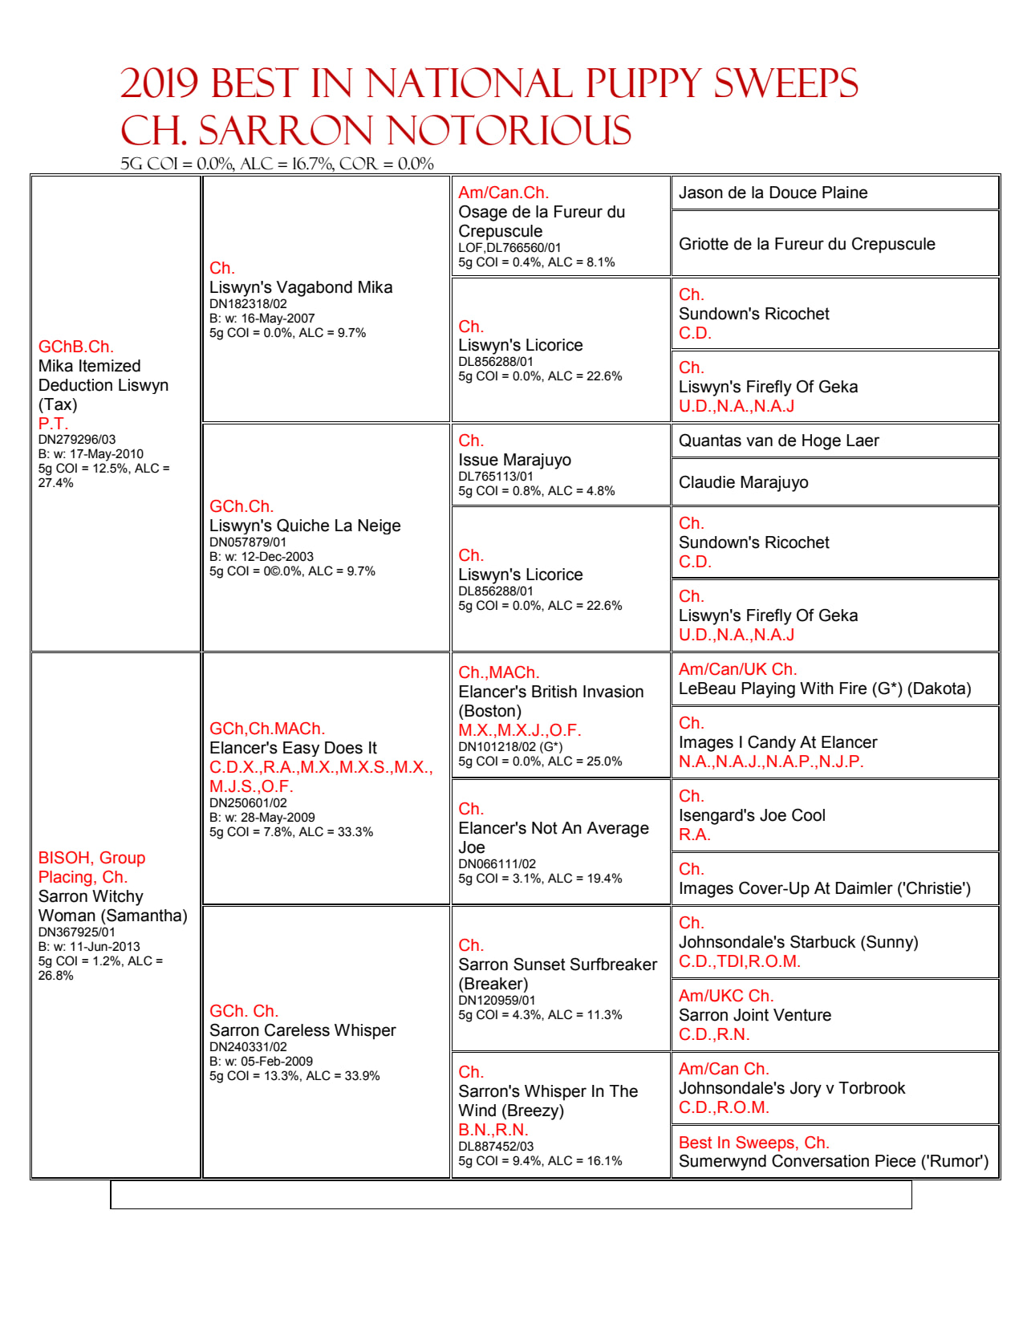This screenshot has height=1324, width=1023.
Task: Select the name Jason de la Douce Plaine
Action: click(773, 193)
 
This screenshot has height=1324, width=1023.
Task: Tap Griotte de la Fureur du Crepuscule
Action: click(806, 244)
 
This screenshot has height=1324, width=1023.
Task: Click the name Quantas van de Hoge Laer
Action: click(778, 441)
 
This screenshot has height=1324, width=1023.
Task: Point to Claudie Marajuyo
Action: click(743, 482)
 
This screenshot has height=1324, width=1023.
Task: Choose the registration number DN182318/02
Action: click(248, 304)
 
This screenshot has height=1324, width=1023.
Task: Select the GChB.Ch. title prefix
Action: click(76, 347)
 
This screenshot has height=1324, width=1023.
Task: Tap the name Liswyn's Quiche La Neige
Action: click(305, 526)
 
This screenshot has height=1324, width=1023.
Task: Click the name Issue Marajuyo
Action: click(514, 460)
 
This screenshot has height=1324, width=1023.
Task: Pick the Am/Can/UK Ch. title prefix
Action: click(737, 669)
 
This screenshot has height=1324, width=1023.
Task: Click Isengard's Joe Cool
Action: click(752, 815)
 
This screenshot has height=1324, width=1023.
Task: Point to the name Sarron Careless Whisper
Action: click(302, 1030)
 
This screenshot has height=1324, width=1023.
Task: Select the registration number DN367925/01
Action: click(76, 932)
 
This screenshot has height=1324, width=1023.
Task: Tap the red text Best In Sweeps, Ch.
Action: click(753, 1143)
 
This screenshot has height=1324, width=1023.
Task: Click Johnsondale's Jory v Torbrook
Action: click(791, 1088)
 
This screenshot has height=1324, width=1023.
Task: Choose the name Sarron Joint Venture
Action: click(754, 1015)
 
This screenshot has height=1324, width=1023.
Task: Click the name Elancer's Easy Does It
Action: click(293, 748)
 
